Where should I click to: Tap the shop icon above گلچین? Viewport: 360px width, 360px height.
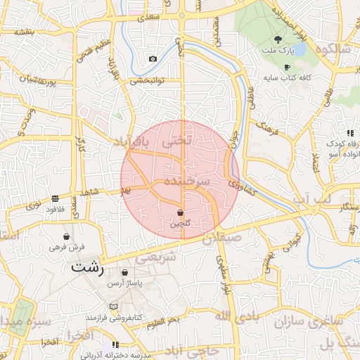(180, 212)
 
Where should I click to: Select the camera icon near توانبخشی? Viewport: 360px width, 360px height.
(153, 59)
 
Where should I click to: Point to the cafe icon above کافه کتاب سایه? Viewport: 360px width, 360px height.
(286, 67)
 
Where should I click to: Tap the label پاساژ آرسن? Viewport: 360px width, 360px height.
(125, 283)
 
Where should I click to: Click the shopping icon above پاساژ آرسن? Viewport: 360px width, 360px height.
(125, 273)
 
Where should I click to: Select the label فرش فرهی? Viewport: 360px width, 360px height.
(67, 247)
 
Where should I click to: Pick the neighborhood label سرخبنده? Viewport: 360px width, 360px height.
(188, 181)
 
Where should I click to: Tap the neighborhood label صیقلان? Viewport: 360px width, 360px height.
(222, 238)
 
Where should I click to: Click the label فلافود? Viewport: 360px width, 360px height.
(56, 209)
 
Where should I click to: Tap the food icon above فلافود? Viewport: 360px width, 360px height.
(56, 199)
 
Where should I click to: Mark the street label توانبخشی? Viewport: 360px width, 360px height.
(146, 80)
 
